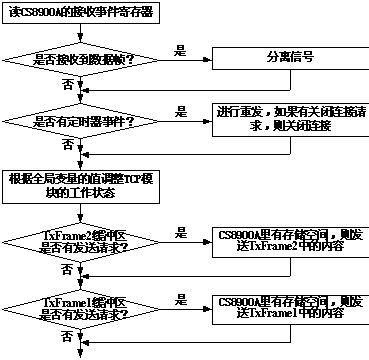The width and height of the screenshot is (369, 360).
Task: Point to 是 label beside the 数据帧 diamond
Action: click(180, 49)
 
